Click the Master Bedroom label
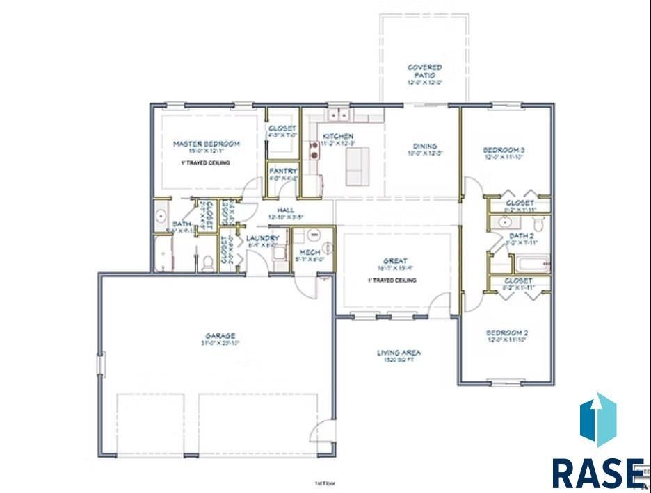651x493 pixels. click(x=206, y=144)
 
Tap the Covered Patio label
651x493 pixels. click(x=425, y=68)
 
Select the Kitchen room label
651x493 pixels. click(x=337, y=136)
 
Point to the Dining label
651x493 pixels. click(x=425, y=147)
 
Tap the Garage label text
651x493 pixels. click(x=220, y=336)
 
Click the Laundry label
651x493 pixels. click(x=262, y=238)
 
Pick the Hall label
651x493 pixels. click(x=285, y=210)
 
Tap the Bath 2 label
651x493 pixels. click(x=521, y=236)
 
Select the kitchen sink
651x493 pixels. click(x=339, y=113)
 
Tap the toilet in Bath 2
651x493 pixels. click(x=538, y=223)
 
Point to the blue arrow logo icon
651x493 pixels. click(x=597, y=420)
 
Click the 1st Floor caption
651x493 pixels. click(x=325, y=483)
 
